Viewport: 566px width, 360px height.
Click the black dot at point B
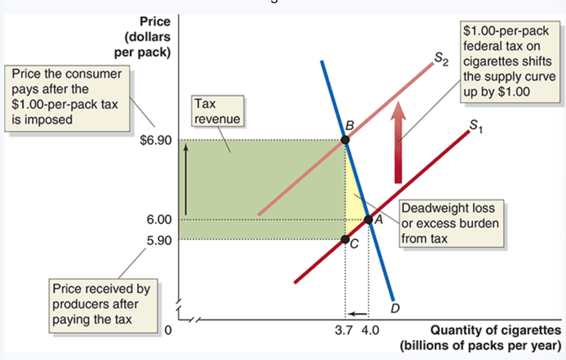pyautogui.click(x=345, y=140)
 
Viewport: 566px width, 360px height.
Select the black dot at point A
pyautogui.click(x=368, y=220)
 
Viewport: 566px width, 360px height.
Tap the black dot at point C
pyautogui.click(x=345, y=239)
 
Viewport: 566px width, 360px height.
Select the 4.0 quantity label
pyautogui.click(x=369, y=330)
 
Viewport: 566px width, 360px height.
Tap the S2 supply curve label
pyautogui.click(x=440, y=59)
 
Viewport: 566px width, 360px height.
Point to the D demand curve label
pyautogui.click(x=395, y=308)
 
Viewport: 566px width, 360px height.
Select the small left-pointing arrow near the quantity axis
pyautogui.click(x=358, y=314)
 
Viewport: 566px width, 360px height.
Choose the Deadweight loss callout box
pyautogui.click(x=449, y=223)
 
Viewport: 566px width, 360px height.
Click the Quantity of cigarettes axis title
pyautogui.click(x=495, y=330)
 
